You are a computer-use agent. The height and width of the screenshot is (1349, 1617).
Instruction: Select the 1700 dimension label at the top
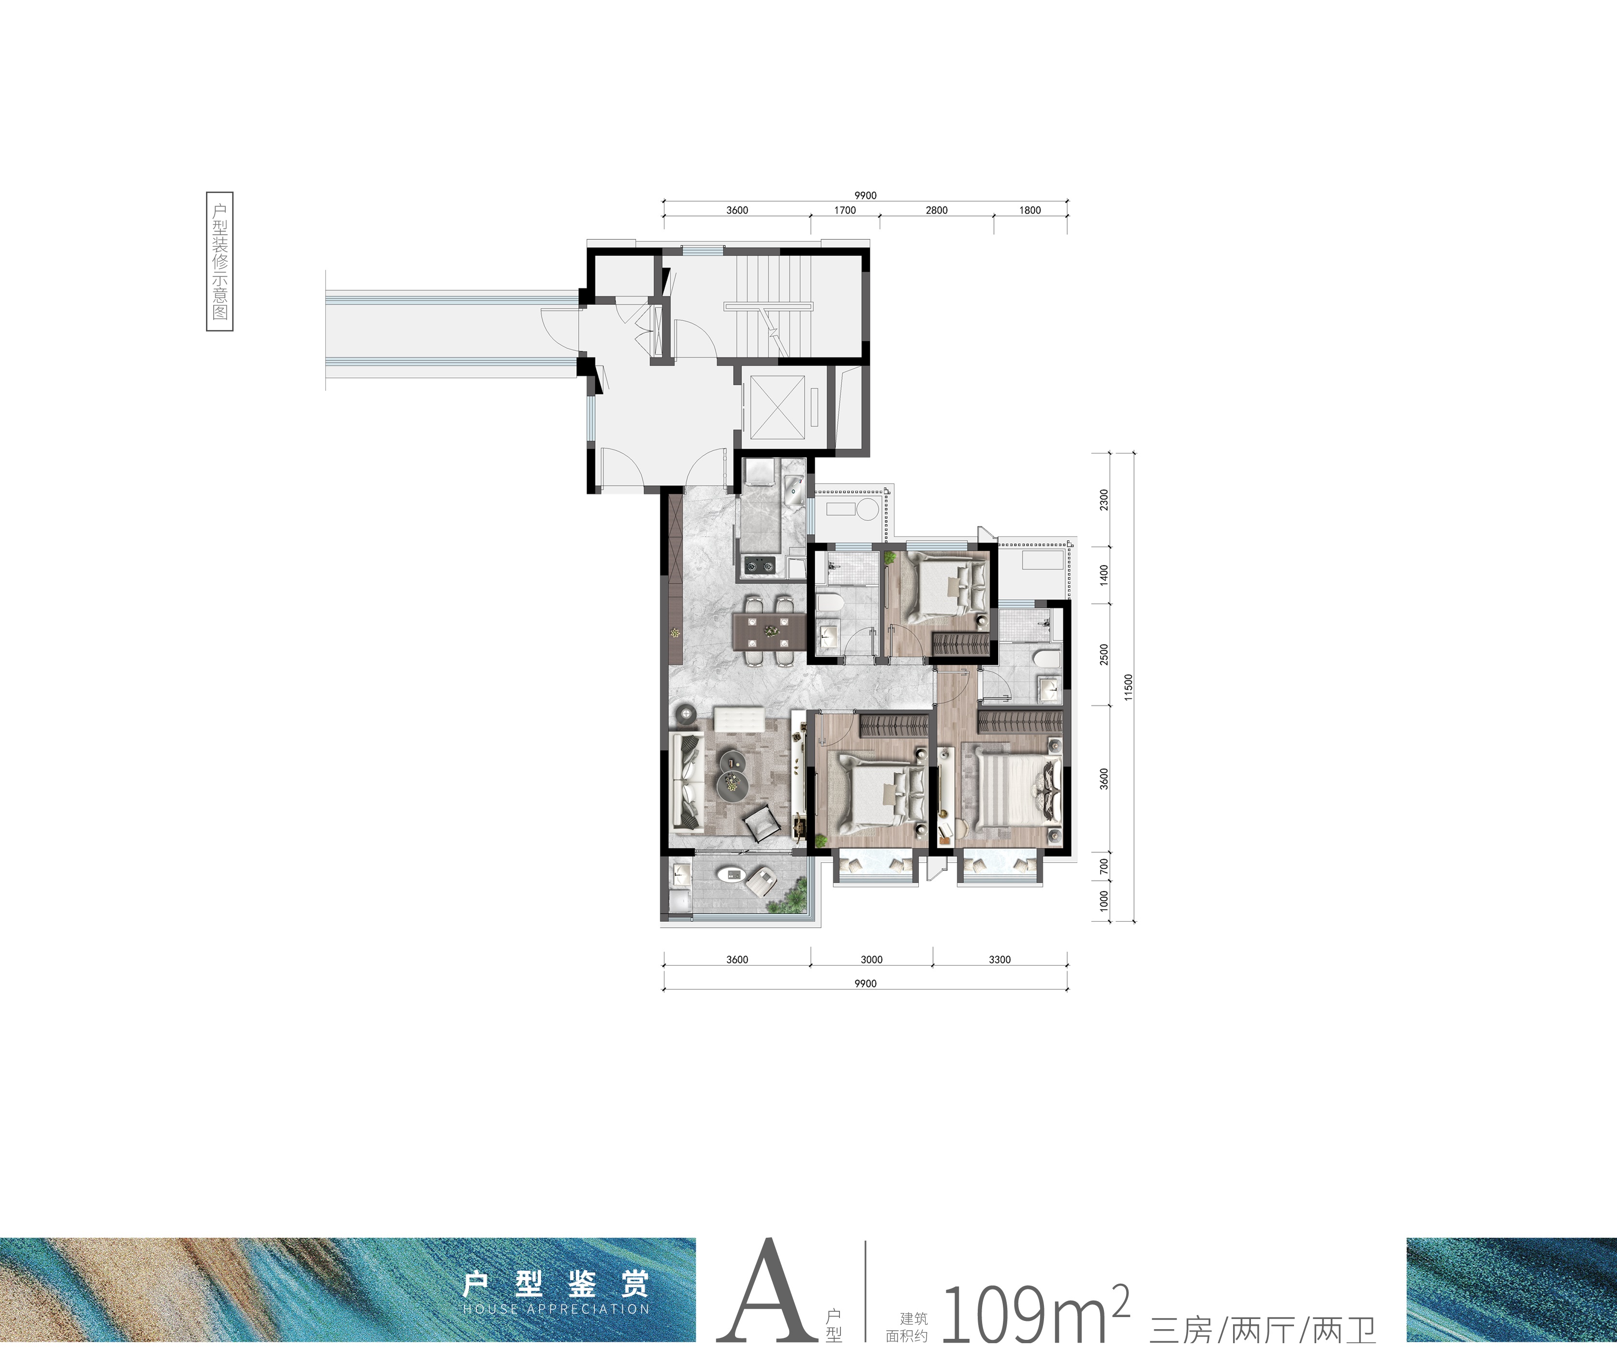coord(845,210)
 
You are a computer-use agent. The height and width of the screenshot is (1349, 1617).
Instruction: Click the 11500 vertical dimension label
coord(1129,687)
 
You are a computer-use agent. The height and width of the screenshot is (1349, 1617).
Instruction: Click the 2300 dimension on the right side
coord(1104,500)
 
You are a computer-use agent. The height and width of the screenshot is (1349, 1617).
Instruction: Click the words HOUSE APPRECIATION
coord(557,1309)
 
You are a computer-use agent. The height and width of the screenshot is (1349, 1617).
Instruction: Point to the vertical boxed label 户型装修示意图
coord(220,261)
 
